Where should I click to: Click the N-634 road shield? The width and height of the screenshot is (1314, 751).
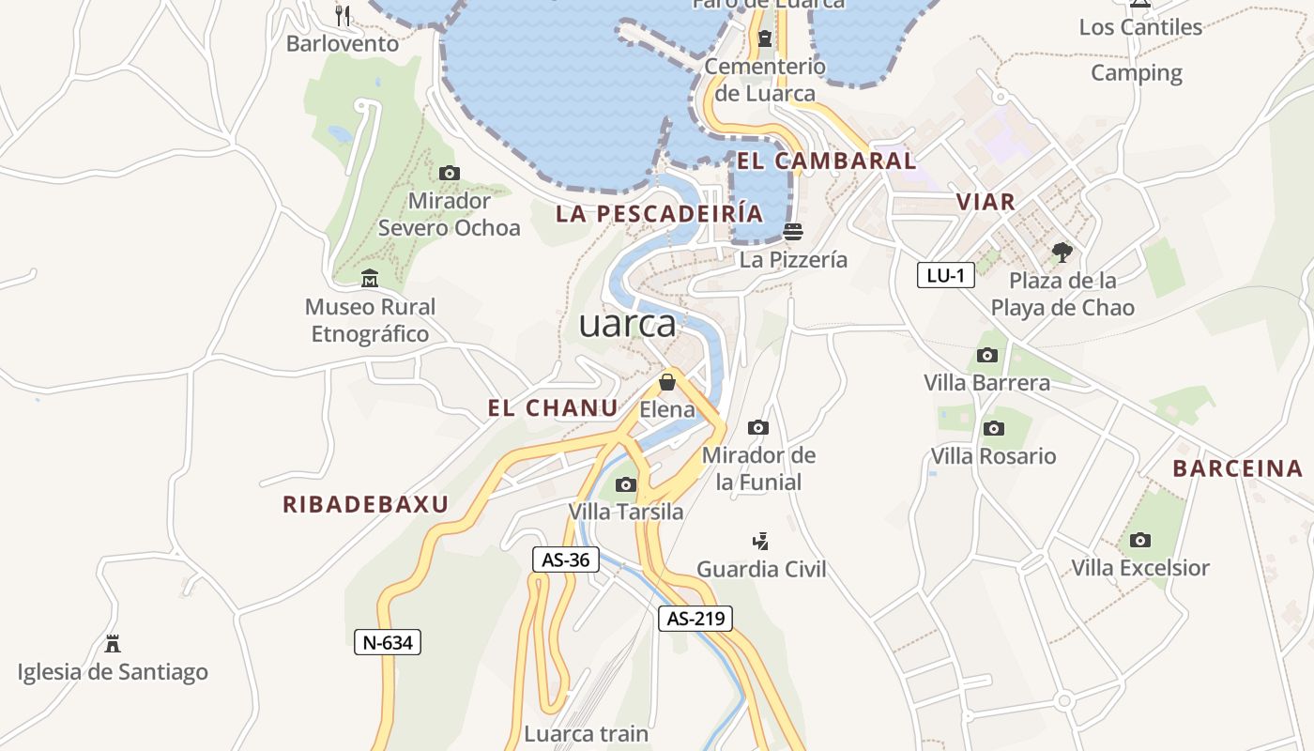388,643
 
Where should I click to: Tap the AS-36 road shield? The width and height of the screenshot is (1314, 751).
566,560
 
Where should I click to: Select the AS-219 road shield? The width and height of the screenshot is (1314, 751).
695,619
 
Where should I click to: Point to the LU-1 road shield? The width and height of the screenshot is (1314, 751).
945,275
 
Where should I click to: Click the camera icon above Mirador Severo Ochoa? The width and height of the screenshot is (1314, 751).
450,173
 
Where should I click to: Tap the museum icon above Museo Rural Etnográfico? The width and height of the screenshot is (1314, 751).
370,279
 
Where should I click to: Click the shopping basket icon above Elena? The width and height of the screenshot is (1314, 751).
667,382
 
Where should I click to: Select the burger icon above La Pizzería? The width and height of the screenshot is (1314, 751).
793,231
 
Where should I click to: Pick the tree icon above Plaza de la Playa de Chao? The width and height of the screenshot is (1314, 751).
1062,252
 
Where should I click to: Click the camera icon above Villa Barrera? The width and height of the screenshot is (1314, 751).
986,355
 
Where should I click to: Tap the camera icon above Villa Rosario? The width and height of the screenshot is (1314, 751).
993,429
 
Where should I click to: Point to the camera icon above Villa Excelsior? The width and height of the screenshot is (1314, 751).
1140,540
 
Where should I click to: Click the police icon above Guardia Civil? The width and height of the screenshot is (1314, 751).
761,541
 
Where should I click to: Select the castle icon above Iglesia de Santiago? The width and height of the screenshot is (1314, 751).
113,644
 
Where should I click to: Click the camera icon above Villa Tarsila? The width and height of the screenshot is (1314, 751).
625,484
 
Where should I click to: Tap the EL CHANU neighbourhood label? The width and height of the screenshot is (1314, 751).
553,408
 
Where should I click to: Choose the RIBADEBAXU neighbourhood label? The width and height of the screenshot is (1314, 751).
366,504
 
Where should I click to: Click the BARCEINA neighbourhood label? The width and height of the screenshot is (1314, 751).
1238,468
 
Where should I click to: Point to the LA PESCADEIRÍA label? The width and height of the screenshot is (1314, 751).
659,213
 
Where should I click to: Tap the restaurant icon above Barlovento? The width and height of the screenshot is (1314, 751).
343,16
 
